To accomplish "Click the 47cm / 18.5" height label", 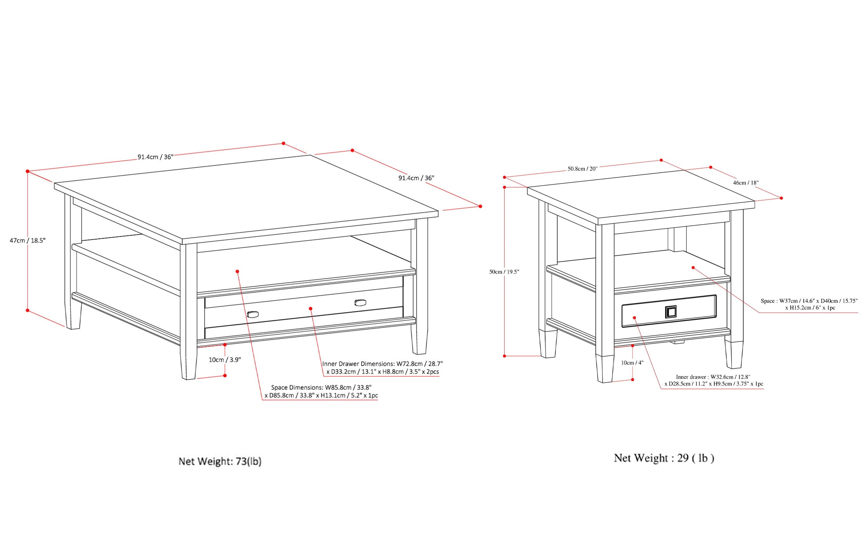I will point(28,240).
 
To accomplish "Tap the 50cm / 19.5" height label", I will point(504,272).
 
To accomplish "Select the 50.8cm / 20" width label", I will point(583,168).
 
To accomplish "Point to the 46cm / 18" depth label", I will point(745,183).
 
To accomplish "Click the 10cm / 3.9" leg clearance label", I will point(225,360).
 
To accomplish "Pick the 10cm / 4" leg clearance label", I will point(632,363).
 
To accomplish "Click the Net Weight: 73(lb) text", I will point(220,461).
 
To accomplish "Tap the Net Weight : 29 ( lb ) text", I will point(664,458).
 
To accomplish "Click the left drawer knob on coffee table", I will point(252,314).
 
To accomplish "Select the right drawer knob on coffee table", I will point(360,303).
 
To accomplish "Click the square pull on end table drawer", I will point(670,312).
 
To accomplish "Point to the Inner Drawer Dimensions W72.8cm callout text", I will point(382,368).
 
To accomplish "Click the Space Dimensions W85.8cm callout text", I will point(321,392).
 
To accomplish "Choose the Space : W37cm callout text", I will point(809,304).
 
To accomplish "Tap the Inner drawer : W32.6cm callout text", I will point(714,380).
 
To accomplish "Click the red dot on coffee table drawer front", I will point(311,309).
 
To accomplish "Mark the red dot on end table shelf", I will point(693,268).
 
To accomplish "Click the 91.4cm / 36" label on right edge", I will point(416,178).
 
